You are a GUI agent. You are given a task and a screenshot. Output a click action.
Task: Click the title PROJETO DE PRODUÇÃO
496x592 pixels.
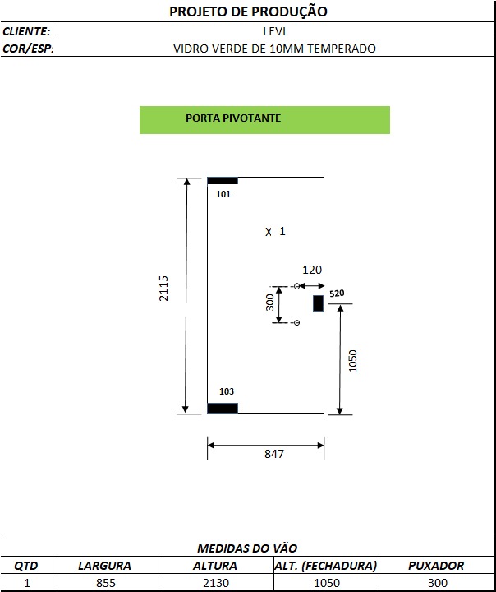tap(248, 12)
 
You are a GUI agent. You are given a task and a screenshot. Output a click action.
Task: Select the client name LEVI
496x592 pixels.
tap(274, 31)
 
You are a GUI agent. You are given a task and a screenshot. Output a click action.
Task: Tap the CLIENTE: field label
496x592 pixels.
tap(26, 31)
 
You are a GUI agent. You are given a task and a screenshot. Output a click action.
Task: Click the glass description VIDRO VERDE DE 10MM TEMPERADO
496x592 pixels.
tap(274, 49)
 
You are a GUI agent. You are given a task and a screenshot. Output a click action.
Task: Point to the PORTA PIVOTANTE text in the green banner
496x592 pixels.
tap(233, 118)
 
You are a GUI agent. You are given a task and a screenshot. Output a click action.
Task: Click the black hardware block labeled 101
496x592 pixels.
tap(223, 181)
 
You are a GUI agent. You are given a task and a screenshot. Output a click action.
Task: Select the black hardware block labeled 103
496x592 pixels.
tap(223, 408)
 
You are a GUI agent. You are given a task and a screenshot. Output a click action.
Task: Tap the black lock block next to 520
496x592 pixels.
tap(318, 303)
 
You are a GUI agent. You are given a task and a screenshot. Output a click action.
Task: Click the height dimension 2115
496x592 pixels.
tap(163, 289)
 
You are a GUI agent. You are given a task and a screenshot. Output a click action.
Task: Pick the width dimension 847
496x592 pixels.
tap(274, 454)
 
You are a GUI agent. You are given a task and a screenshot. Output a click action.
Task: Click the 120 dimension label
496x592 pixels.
tap(312, 270)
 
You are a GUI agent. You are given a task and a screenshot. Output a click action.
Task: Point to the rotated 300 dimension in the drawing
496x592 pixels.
tap(269, 303)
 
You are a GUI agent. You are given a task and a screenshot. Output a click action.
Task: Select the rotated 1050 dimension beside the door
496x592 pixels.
tap(352, 361)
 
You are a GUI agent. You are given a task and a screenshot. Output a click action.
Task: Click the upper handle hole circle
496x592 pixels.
tap(296, 286)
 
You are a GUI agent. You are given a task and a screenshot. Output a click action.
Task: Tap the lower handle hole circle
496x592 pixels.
tap(296, 323)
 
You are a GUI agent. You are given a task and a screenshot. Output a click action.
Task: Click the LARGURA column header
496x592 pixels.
tap(104, 566)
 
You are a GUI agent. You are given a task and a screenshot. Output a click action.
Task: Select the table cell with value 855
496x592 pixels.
tap(106, 583)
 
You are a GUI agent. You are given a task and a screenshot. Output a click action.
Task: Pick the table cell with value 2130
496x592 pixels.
tap(216, 583)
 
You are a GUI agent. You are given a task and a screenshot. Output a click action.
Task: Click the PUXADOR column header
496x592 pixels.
tap(436, 566)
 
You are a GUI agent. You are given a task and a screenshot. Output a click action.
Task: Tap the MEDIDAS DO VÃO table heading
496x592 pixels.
tap(247, 548)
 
